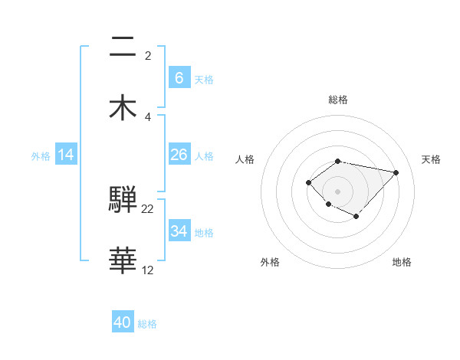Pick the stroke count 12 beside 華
coord(148,270)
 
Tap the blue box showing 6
coord(179,77)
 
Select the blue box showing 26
coord(179,155)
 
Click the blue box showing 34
coord(179,231)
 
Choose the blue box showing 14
coord(66,155)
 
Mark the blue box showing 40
coord(123,322)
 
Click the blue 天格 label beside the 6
coord(204,80)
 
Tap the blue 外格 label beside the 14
coord(41,156)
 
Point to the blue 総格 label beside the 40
coord(147,325)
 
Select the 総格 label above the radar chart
coord(338,100)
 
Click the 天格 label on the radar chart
coord(432,159)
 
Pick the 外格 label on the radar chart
coord(270,262)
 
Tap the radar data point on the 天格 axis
coord(396,172)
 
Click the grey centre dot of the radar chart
coord(338,191)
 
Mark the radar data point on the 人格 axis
coord(308,182)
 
